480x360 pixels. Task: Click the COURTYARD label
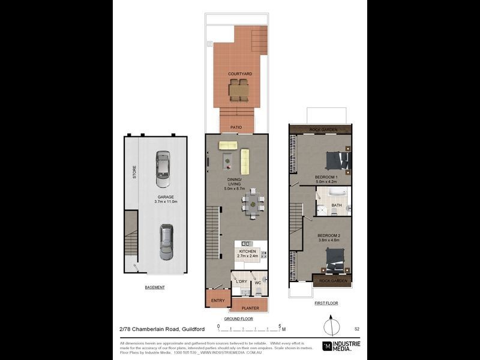point(239,74)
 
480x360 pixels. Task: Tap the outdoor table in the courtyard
point(239,90)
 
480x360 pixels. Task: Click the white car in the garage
point(162,169)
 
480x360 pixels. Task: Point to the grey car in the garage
point(166,242)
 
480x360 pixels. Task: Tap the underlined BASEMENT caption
point(154,287)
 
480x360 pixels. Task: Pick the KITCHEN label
point(247,251)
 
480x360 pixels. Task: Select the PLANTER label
point(250,308)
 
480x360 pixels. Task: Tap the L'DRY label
point(241,281)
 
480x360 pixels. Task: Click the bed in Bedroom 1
point(336,161)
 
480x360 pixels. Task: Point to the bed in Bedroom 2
point(334,260)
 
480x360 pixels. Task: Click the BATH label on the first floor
point(336,205)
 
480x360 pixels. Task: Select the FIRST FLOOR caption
point(326,304)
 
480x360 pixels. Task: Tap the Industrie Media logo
point(343,346)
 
